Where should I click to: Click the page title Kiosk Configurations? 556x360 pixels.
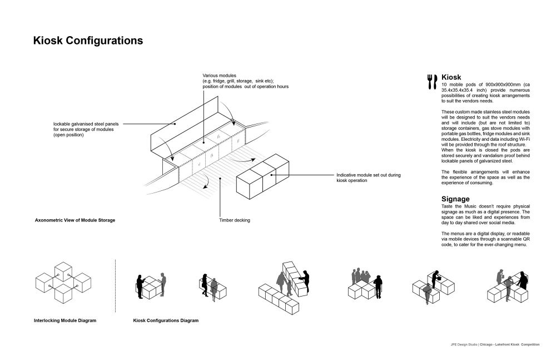point(88,41)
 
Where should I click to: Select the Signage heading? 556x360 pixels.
point(455,199)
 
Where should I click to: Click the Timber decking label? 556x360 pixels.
point(235,220)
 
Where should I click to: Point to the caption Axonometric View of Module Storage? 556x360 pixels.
point(75,220)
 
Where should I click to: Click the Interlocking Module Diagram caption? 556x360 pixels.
point(64,320)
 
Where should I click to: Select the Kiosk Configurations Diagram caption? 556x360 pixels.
point(166,320)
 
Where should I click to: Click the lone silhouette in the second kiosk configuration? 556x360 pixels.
point(206,282)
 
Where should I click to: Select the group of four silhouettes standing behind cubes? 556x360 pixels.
point(365,276)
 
